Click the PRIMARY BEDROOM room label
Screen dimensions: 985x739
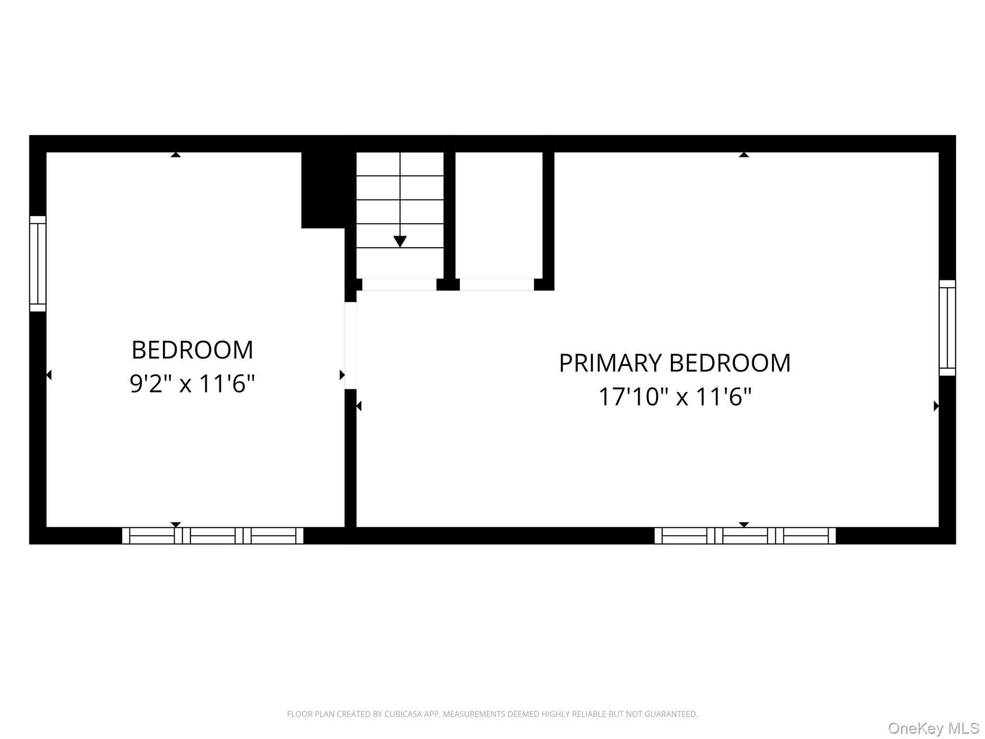click(675, 363)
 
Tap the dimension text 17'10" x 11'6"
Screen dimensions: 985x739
click(675, 397)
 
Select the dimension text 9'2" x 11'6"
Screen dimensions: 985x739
click(192, 384)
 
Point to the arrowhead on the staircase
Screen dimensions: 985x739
click(400, 242)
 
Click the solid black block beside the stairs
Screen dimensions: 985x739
click(323, 190)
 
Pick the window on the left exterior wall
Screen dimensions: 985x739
click(38, 264)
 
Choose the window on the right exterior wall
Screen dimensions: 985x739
click(947, 328)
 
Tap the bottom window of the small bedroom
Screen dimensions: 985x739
click(213, 535)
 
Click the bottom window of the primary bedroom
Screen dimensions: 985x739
click(745, 535)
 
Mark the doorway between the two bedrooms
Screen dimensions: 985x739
click(351, 345)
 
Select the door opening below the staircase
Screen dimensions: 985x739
click(399, 284)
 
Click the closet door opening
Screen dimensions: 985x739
click(497, 284)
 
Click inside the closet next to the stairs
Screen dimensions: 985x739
click(499, 215)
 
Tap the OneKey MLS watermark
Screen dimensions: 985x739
click(934, 728)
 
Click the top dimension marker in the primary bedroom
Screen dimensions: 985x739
click(744, 154)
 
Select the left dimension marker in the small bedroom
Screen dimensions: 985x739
click(49, 375)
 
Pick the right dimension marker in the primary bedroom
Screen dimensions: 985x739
click(936, 406)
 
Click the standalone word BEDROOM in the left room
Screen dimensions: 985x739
click(192, 350)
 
